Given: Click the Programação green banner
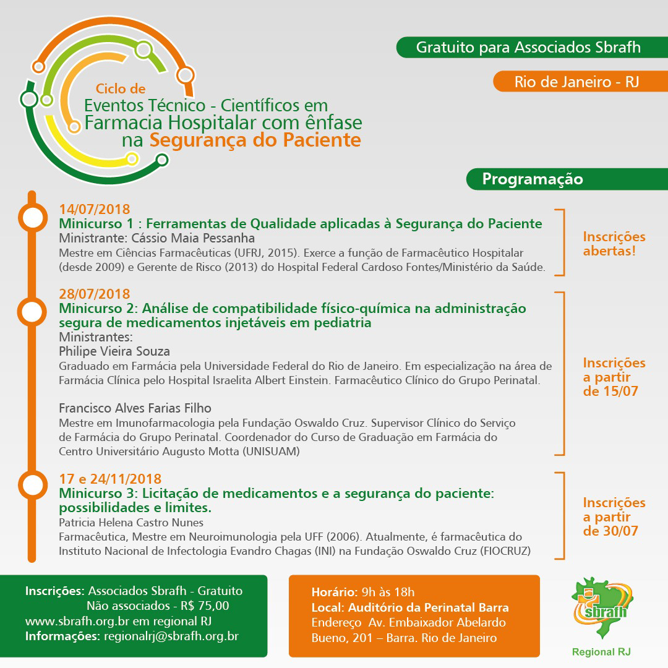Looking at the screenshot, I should pos(532,179).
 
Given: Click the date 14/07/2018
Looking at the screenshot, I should pos(95,209).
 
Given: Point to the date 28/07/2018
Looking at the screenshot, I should pos(95,294).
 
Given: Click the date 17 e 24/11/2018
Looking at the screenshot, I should pos(110,479).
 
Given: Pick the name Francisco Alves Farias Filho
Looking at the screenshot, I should pos(135,408).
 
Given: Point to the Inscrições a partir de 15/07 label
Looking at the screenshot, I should pos(614,377).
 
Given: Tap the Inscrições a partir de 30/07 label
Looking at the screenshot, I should pos(614,516).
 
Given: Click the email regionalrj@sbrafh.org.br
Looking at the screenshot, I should pos(171,636).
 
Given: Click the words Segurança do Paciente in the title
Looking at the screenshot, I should pos(255,140).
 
